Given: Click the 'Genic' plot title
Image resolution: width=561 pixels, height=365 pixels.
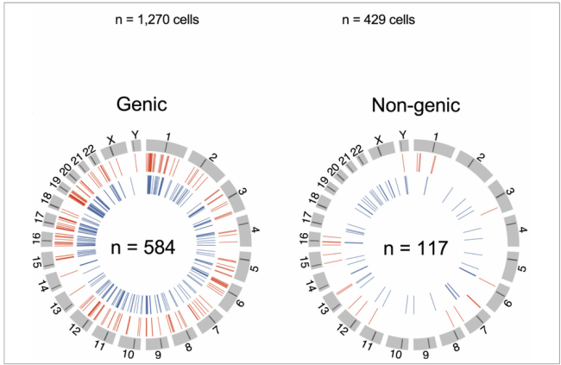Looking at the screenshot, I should (x=144, y=105).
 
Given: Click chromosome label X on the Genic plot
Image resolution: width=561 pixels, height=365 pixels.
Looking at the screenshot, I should (x=110, y=138).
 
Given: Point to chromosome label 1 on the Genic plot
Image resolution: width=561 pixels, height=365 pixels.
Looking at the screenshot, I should (x=167, y=135).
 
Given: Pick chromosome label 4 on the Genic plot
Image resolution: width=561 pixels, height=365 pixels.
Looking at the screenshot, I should (x=256, y=230).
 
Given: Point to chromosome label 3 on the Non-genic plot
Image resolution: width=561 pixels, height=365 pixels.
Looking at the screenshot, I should (x=510, y=192).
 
